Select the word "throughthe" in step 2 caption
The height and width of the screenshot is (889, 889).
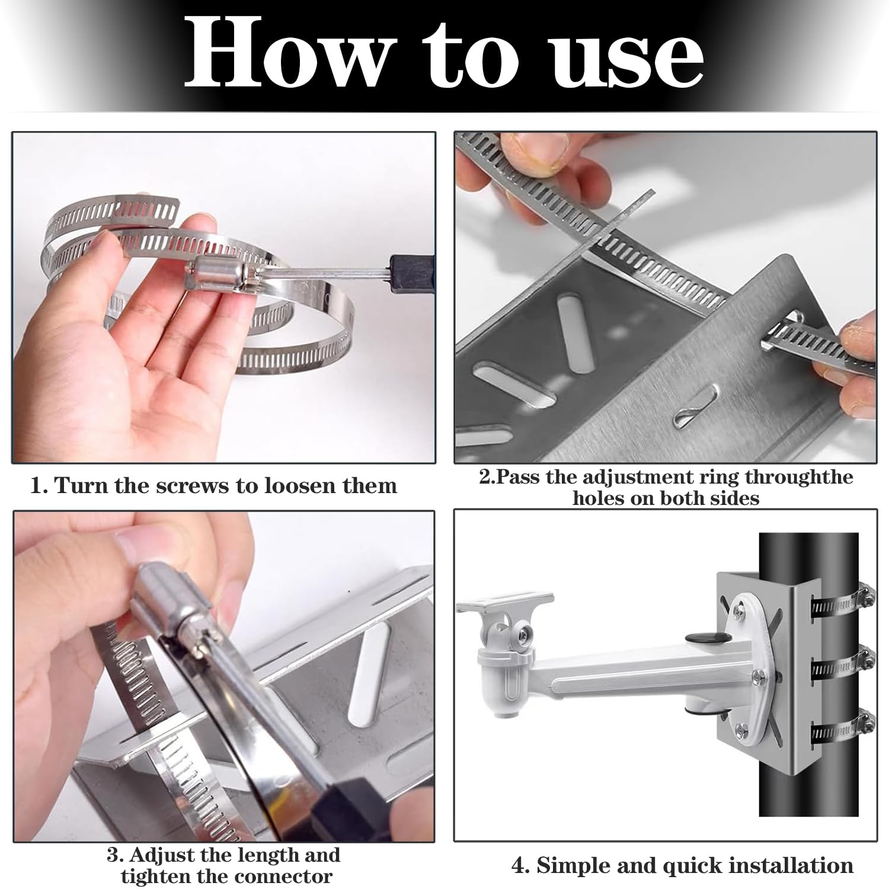click(799, 477)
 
